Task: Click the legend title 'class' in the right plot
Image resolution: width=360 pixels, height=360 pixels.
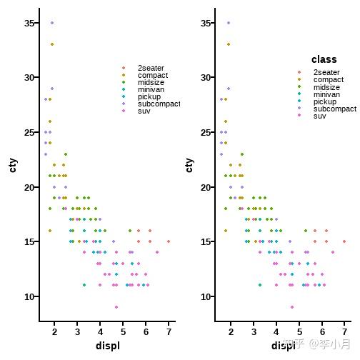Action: tap(324, 59)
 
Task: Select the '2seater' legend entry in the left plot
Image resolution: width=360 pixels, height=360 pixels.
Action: tap(150, 69)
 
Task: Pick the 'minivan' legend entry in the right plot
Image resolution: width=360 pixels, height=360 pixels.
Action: tap(326, 94)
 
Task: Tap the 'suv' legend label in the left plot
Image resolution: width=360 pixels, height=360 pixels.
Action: tap(144, 111)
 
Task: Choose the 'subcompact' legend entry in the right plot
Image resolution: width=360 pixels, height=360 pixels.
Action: tap(334, 109)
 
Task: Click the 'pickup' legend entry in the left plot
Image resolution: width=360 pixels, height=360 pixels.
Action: tap(149, 96)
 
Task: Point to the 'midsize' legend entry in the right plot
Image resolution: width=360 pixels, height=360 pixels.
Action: tap(326, 87)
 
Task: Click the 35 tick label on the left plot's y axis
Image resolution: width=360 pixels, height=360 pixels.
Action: tap(29, 23)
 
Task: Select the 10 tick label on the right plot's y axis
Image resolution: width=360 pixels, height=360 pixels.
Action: tap(205, 296)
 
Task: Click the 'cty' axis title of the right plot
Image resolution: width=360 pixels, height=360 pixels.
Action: tap(189, 165)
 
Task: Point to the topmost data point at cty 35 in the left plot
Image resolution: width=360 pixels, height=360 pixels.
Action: tap(51, 23)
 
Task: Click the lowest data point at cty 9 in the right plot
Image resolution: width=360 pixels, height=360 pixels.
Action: tap(292, 307)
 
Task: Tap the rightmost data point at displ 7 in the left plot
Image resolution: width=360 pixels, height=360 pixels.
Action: tap(169, 241)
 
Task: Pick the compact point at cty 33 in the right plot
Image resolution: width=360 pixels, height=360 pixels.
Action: tap(229, 44)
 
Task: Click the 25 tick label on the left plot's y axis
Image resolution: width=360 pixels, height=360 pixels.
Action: tap(29, 132)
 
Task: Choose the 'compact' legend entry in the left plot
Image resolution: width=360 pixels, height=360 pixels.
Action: tap(152, 76)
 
